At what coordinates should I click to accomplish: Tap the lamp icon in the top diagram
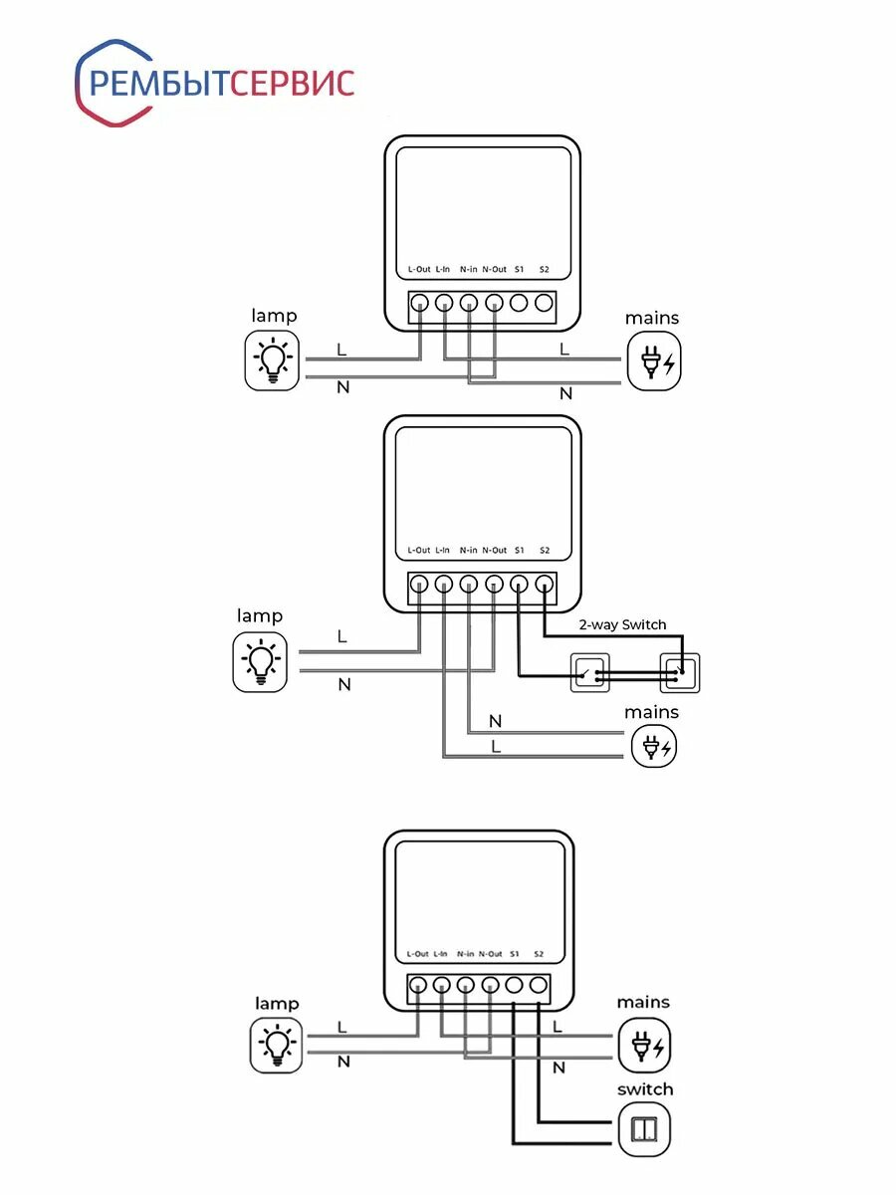pos(273,360)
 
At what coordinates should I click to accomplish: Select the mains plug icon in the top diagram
pos(654,361)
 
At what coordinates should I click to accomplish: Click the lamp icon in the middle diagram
pos(260,661)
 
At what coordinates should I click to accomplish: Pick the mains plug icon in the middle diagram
pos(654,745)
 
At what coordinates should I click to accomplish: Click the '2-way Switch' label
pos(622,624)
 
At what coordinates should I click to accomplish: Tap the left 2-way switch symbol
pos(587,672)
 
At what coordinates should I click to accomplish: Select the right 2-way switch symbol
pos(681,672)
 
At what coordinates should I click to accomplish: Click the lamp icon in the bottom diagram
pos(276,1044)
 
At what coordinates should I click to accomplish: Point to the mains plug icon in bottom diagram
pos(644,1046)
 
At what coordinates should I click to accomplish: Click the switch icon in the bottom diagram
pos(644,1129)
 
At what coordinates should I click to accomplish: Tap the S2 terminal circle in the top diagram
pos(544,303)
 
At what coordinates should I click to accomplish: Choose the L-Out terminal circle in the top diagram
pos(420,303)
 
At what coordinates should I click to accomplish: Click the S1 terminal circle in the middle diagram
pos(519,585)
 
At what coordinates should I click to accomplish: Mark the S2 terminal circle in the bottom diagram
pos(539,986)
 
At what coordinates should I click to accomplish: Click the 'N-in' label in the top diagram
pos(468,269)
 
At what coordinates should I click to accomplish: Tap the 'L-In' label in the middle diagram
pos(443,551)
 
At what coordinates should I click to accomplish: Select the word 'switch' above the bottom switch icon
pos(645,1089)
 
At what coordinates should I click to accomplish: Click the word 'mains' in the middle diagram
pos(651,712)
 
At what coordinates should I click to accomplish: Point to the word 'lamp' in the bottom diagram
pos(277,1003)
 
